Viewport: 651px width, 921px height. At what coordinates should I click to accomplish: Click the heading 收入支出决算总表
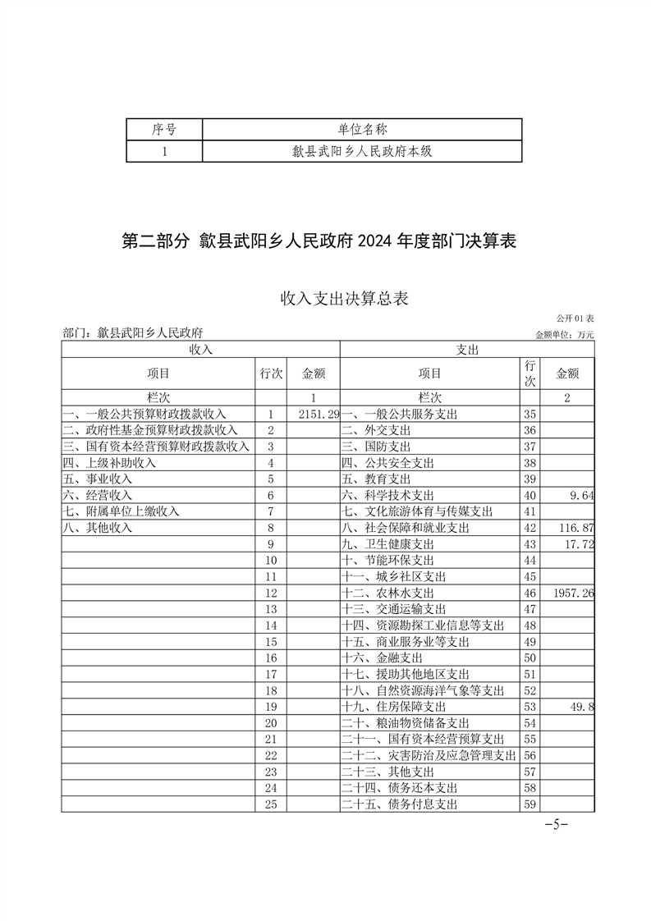(344, 298)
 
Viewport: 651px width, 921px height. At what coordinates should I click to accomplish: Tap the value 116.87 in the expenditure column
(575, 527)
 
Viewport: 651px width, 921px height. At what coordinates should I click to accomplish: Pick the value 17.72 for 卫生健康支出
(578, 543)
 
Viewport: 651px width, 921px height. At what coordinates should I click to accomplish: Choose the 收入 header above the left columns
(201, 350)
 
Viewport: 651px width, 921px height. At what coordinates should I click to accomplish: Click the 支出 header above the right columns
(467, 350)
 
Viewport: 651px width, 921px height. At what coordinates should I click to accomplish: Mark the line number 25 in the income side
(272, 804)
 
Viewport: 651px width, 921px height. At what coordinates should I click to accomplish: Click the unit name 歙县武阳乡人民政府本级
(362, 151)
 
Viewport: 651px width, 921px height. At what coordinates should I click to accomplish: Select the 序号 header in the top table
(164, 129)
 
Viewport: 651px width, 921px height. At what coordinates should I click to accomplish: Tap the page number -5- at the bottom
(557, 824)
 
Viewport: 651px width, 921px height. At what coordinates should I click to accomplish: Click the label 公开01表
(575, 318)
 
